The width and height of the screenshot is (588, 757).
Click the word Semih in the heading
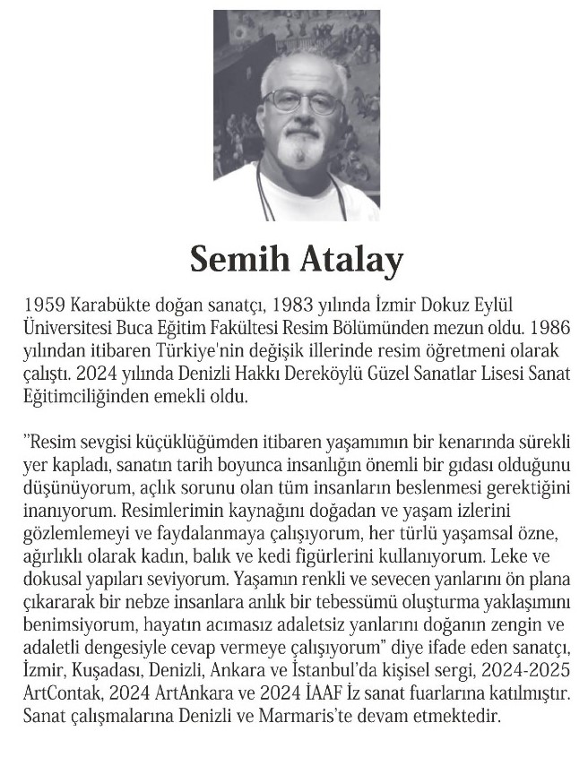click(x=235, y=261)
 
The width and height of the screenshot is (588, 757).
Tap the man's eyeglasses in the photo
click(x=302, y=99)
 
